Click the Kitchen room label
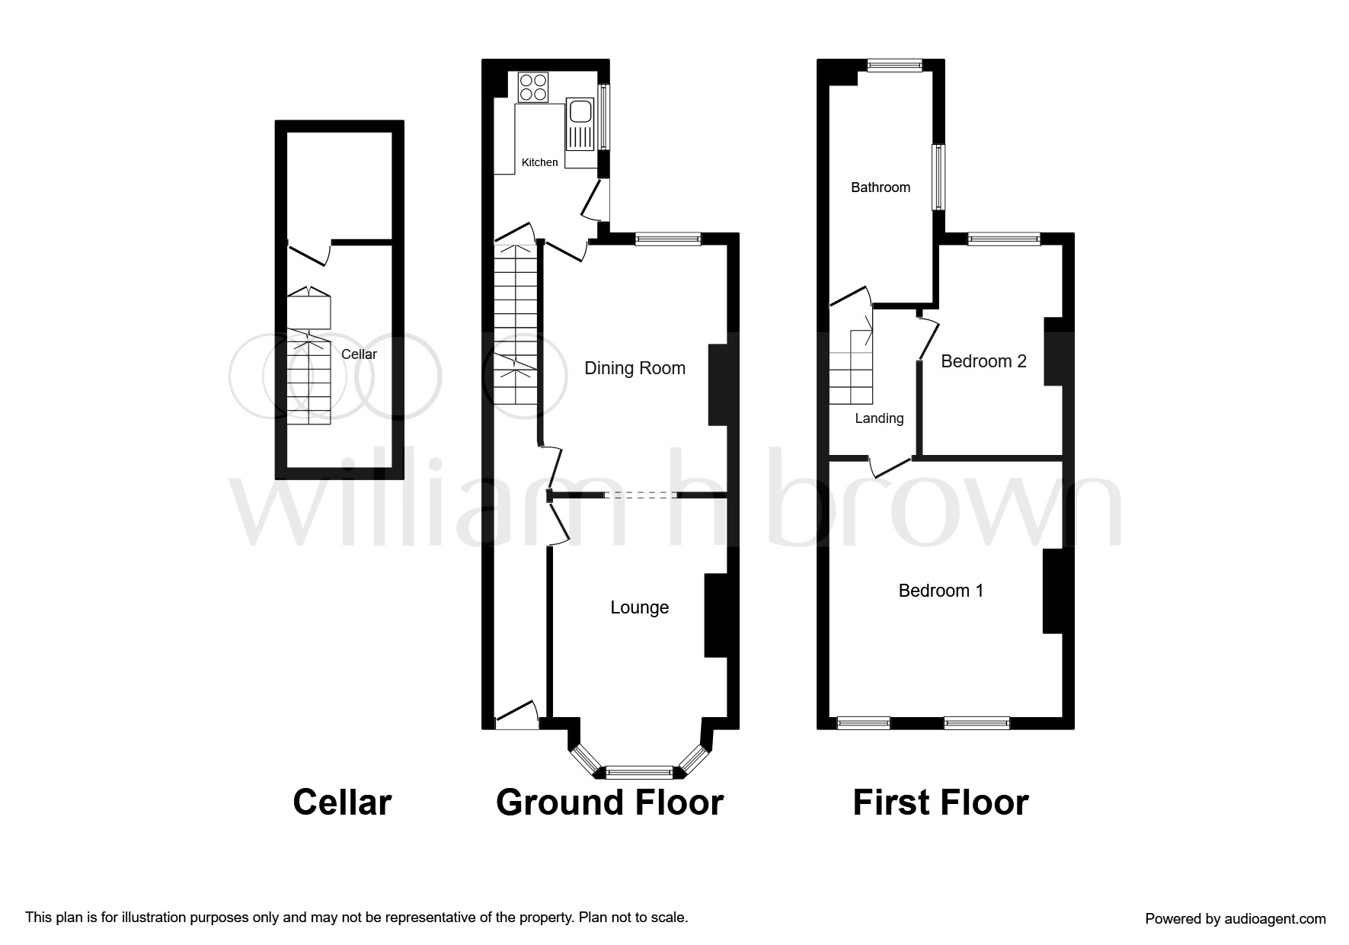tap(539, 162)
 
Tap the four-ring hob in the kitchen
tap(533, 87)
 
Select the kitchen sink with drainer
tap(580, 124)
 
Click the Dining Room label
tap(635, 368)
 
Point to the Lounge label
tap(640, 607)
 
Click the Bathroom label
tap(881, 187)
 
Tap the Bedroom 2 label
tap(983, 361)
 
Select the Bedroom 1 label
tap(941, 591)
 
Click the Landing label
tap(879, 418)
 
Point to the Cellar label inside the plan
tap(359, 354)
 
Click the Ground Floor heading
tap(609, 802)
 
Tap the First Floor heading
tap(941, 802)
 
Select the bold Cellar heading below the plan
tap(342, 802)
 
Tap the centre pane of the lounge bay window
tap(640, 773)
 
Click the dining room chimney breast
tap(718, 385)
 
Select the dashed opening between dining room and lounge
tap(641, 495)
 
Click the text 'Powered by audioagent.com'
tap(1236, 919)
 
